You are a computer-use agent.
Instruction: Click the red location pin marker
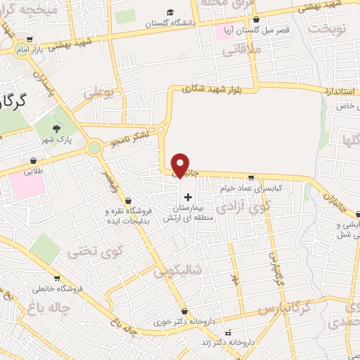(181, 164)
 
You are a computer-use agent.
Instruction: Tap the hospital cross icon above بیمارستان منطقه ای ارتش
(187, 197)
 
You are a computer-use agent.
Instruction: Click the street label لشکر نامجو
(128, 142)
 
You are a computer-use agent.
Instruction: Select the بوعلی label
(98, 93)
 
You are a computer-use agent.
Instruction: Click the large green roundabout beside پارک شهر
(94, 148)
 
